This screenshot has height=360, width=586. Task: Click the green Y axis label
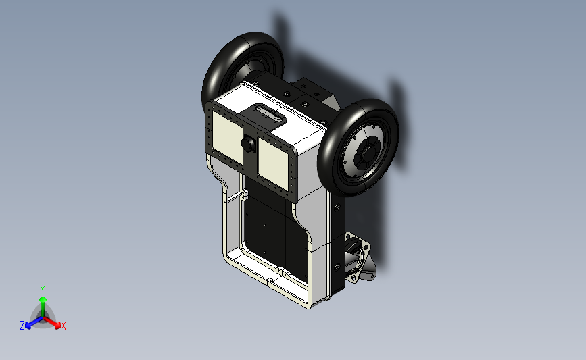(x=42, y=290)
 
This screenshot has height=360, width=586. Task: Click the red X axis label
(x=63, y=326)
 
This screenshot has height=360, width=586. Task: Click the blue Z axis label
(x=22, y=326)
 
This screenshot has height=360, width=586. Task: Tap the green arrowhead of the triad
(x=43, y=299)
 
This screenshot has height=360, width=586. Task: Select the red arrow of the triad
(x=51, y=322)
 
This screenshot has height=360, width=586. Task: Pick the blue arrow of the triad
(x=34, y=322)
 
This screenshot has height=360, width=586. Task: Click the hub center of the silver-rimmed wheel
(x=369, y=151)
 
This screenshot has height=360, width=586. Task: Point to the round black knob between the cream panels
(x=248, y=144)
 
